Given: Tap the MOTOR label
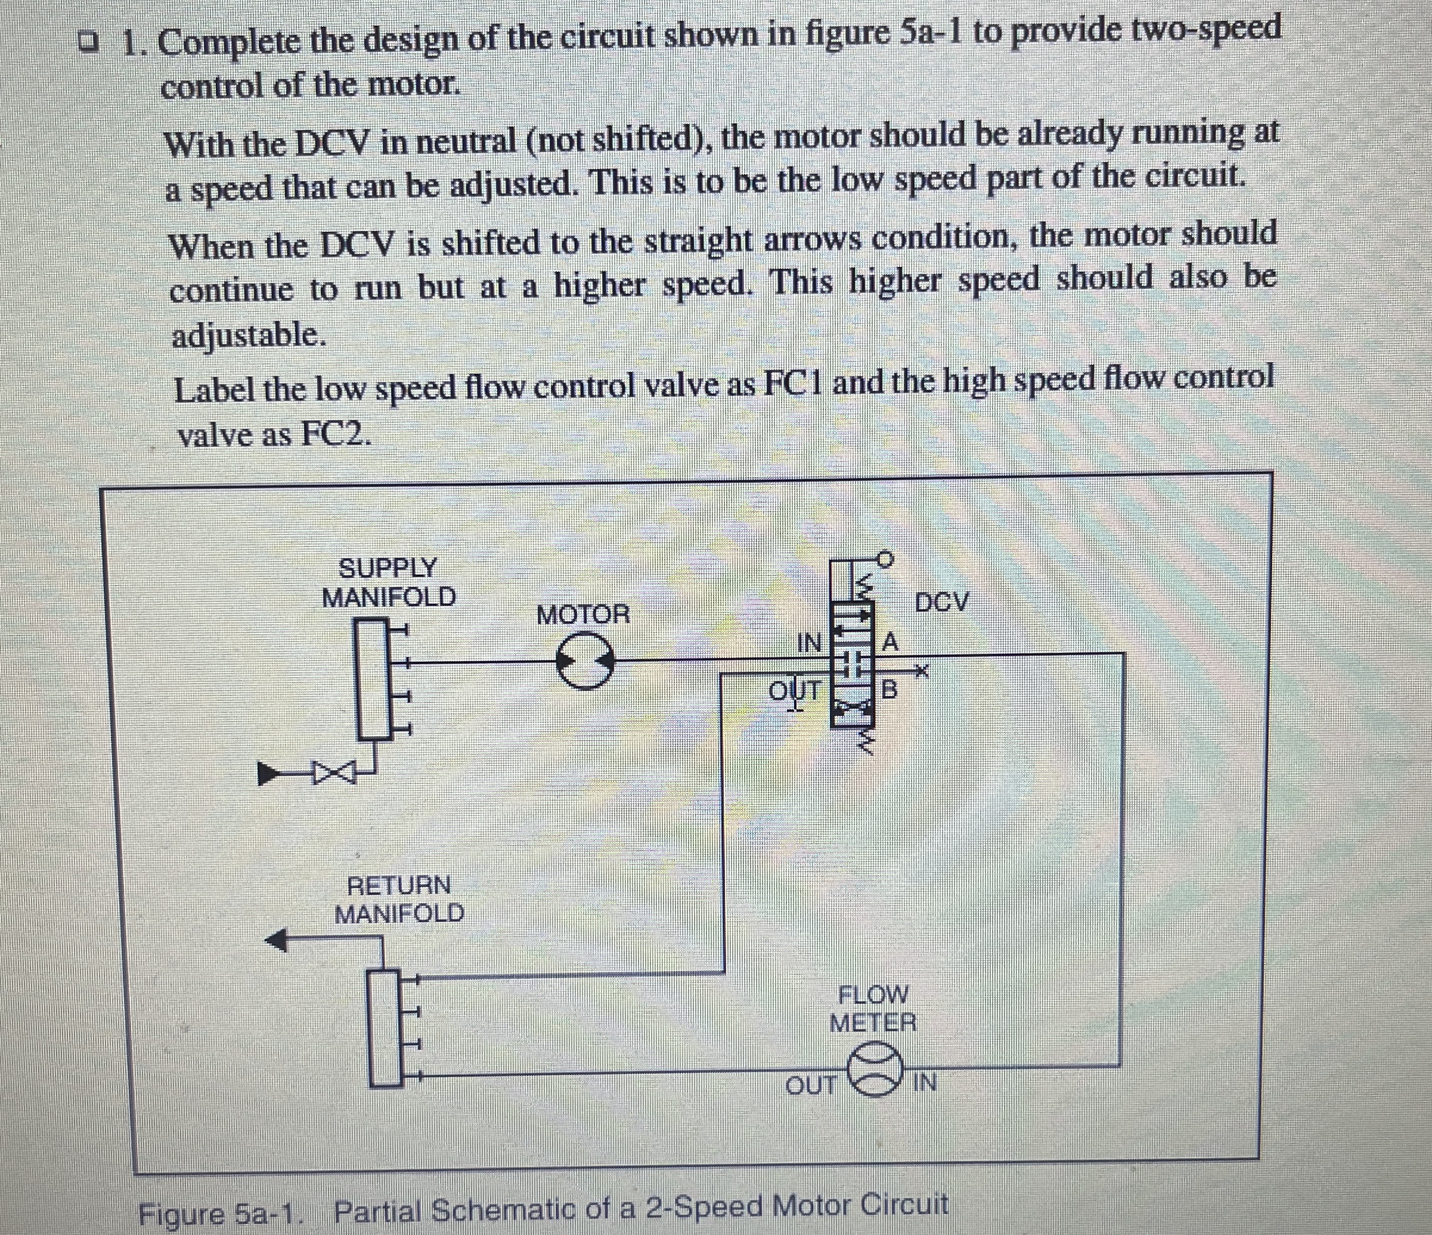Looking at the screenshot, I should pyautogui.click(x=583, y=614).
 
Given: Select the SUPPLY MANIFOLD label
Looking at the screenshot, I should pyautogui.click(x=389, y=582).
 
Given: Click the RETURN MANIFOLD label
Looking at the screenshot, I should pyautogui.click(x=399, y=899).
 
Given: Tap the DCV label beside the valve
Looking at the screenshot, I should pyautogui.click(x=942, y=602).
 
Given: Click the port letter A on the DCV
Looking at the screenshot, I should pyautogui.click(x=890, y=643).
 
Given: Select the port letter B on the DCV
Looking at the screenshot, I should pyautogui.click(x=890, y=689).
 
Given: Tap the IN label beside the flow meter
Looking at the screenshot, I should pyautogui.click(x=925, y=1082).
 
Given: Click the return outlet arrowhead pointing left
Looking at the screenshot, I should pyautogui.click(x=278, y=939).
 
